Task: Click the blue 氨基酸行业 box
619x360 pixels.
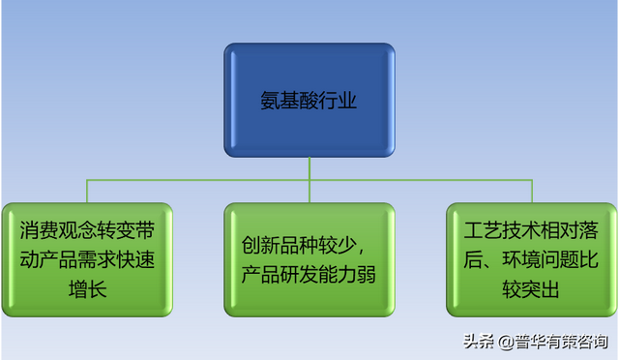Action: [x=309, y=101]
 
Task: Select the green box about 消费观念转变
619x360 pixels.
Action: [x=86, y=259]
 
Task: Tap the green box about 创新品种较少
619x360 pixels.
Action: [x=309, y=259]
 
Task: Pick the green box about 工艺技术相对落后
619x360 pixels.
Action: [x=533, y=259]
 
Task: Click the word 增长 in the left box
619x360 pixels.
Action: [x=86, y=287]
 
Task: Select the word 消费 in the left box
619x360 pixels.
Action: [x=39, y=231]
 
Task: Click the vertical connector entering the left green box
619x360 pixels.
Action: [x=86, y=192]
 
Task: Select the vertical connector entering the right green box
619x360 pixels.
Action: [x=533, y=192]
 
